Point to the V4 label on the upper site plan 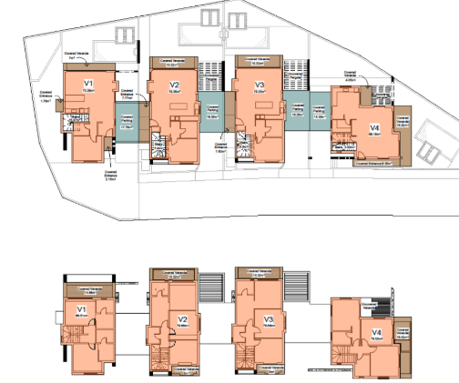[x=374, y=126]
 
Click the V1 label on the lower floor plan [x=80, y=310]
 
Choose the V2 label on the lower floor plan [x=182, y=319]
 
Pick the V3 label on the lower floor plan [x=269, y=319]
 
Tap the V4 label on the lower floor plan [x=376, y=334]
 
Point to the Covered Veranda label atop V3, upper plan [x=259, y=62]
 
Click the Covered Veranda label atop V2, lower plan [x=172, y=273]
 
